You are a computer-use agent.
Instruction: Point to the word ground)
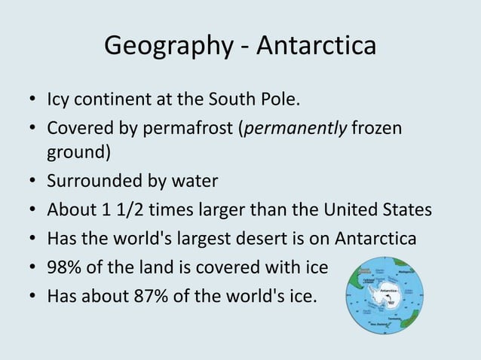79,154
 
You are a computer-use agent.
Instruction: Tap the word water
195,182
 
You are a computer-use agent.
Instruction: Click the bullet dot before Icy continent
33,101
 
